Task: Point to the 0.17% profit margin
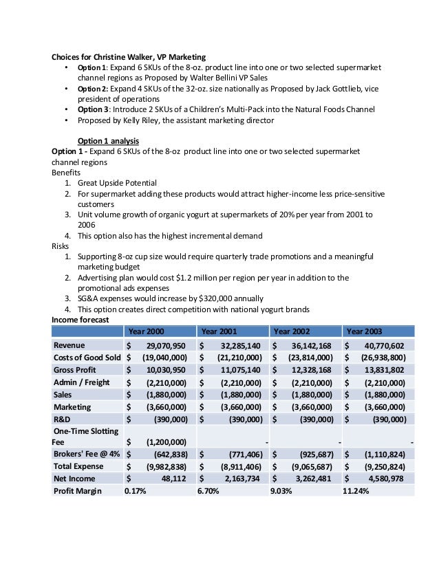(136, 492)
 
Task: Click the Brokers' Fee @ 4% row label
(85, 454)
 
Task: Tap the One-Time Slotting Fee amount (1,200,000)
(164, 441)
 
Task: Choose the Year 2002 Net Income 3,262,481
(312, 479)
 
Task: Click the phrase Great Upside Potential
(117, 183)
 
